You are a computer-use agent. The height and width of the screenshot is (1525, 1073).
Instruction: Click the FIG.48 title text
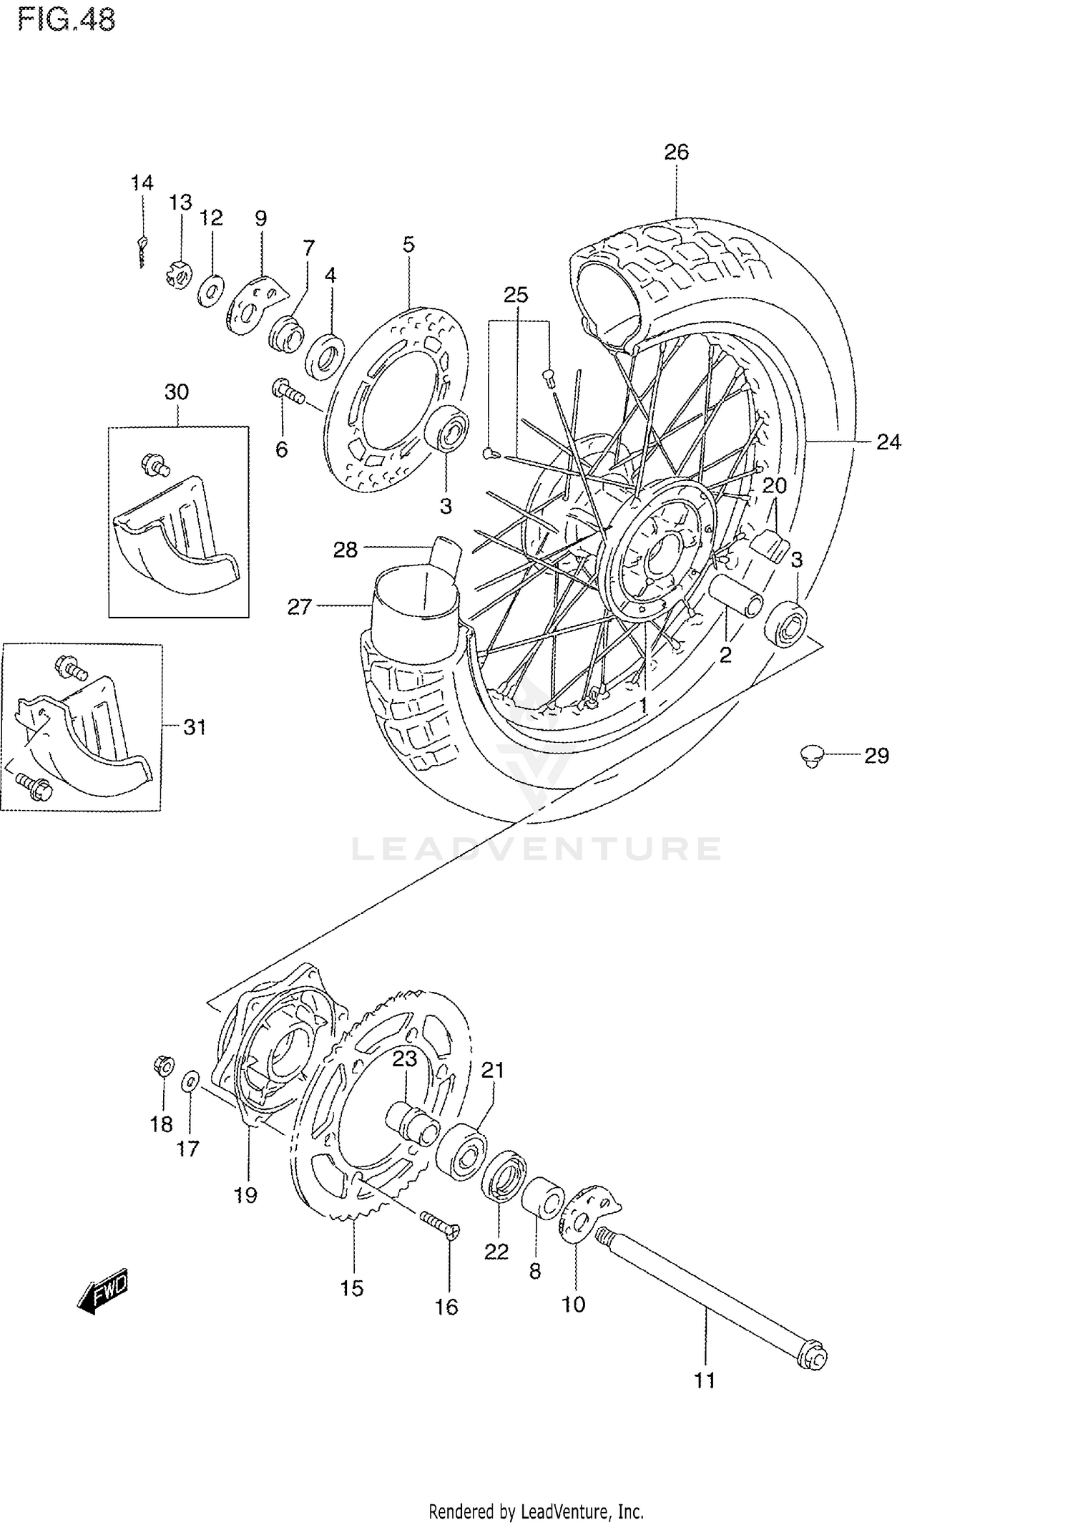pyautogui.click(x=67, y=20)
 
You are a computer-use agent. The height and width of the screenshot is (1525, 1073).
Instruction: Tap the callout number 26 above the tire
pyautogui.click(x=676, y=152)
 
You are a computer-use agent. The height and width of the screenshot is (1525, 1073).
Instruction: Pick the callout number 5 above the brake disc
pyautogui.click(x=408, y=244)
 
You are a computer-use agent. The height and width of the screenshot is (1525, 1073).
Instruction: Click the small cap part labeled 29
pyautogui.click(x=810, y=755)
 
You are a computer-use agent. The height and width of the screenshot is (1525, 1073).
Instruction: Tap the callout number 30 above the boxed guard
pyautogui.click(x=177, y=392)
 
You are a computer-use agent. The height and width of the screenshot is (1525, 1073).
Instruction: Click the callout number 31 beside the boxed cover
pyautogui.click(x=195, y=727)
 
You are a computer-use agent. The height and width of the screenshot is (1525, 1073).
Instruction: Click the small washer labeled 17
pyautogui.click(x=190, y=1101)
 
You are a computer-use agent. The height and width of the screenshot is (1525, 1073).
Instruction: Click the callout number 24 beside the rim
pyautogui.click(x=888, y=442)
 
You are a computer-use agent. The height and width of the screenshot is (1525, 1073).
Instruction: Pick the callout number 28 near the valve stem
pyautogui.click(x=346, y=550)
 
